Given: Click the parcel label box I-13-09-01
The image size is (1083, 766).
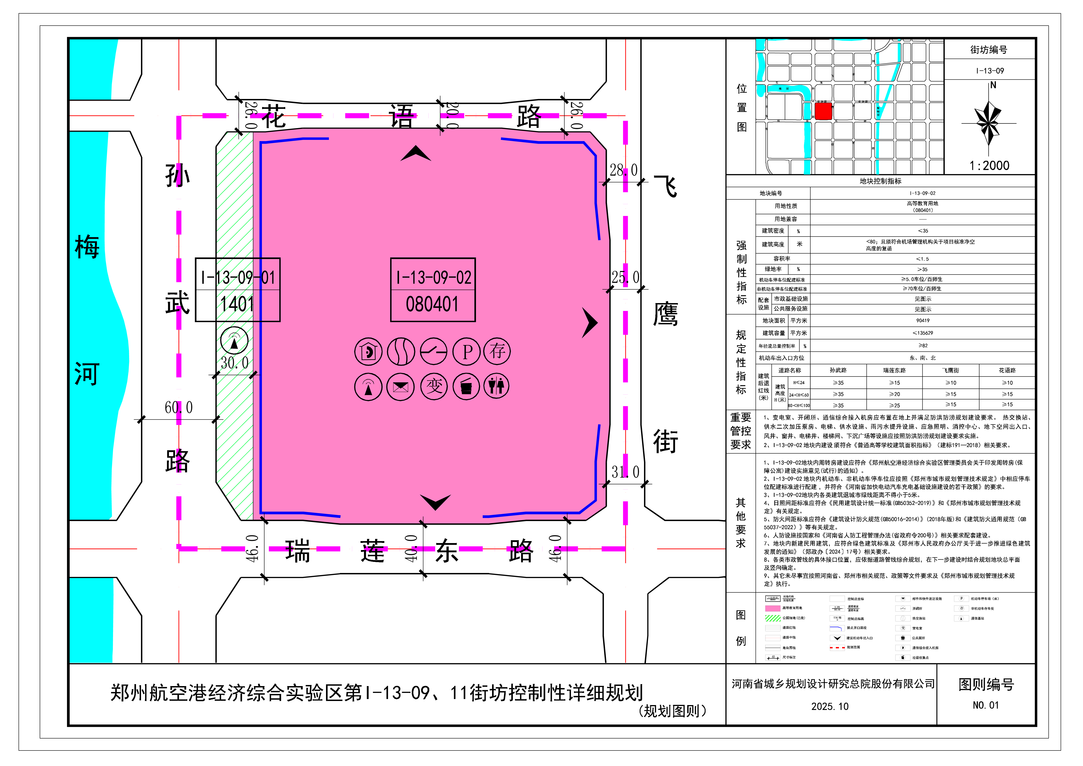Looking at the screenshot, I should point(238,290).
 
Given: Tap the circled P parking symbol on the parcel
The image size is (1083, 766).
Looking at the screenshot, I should point(467,352).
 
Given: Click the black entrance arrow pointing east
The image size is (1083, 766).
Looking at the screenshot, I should point(590,323).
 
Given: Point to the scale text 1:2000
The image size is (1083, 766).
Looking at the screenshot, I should point(989,166).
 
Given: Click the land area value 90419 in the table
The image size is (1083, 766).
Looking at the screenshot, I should point(923,321).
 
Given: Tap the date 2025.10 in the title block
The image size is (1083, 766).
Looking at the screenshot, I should point(830,707).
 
